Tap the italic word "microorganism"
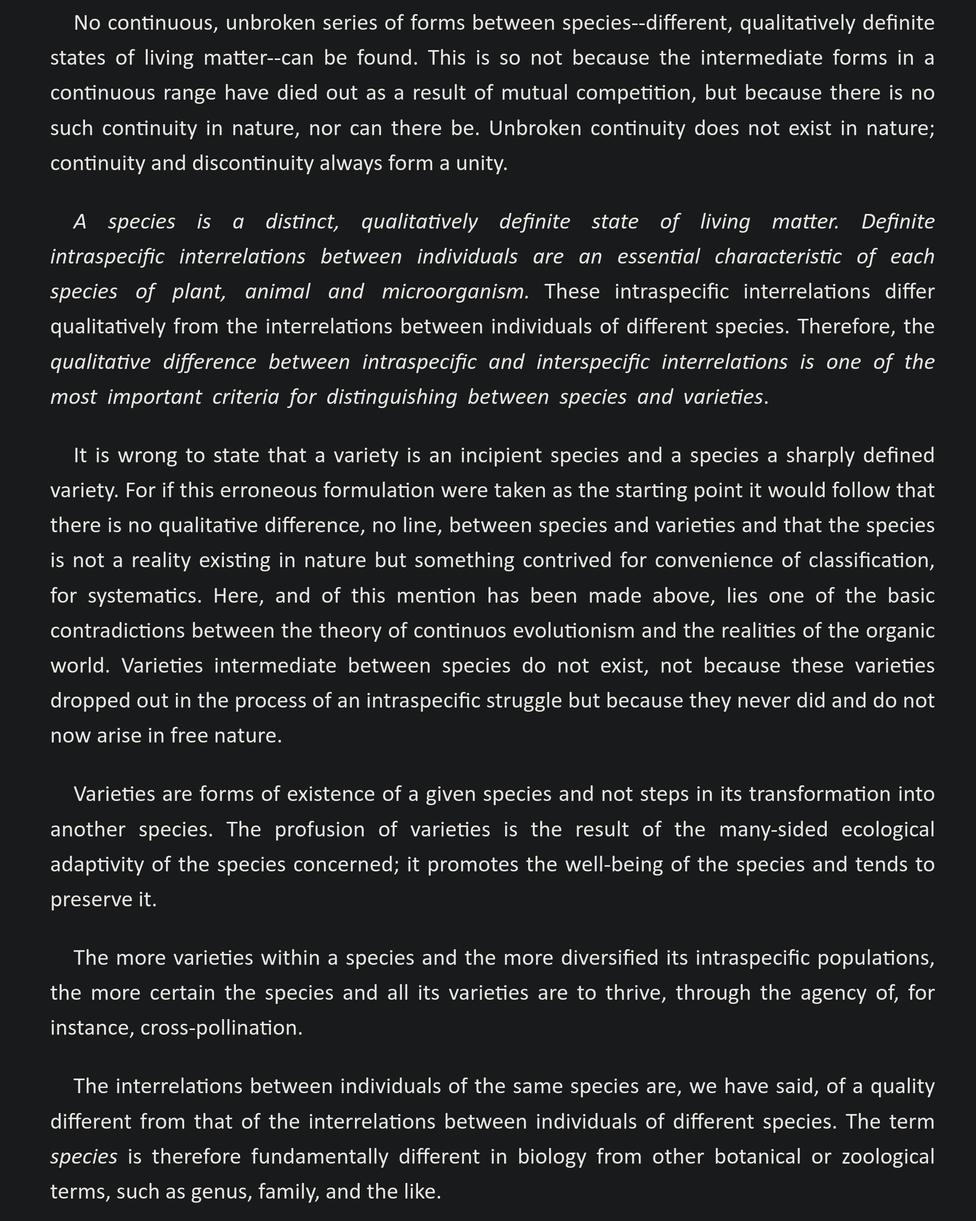click(x=455, y=292)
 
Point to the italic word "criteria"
click(x=245, y=397)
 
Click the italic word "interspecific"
click(x=592, y=362)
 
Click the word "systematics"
click(x=145, y=596)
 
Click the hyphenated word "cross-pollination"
click(x=221, y=1028)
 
